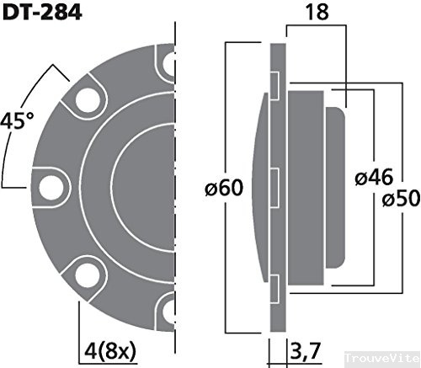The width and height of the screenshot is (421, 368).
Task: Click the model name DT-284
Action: click(x=40, y=14)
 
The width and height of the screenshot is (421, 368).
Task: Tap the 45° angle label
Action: click(x=18, y=120)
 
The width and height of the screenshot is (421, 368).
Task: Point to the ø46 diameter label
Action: click(x=371, y=178)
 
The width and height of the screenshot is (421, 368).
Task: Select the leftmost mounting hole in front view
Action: click(x=52, y=184)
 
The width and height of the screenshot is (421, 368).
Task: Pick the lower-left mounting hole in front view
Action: click(x=88, y=271)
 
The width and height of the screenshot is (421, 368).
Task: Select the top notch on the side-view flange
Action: click(x=275, y=83)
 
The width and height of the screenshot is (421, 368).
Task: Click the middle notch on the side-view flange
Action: click(x=275, y=183)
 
